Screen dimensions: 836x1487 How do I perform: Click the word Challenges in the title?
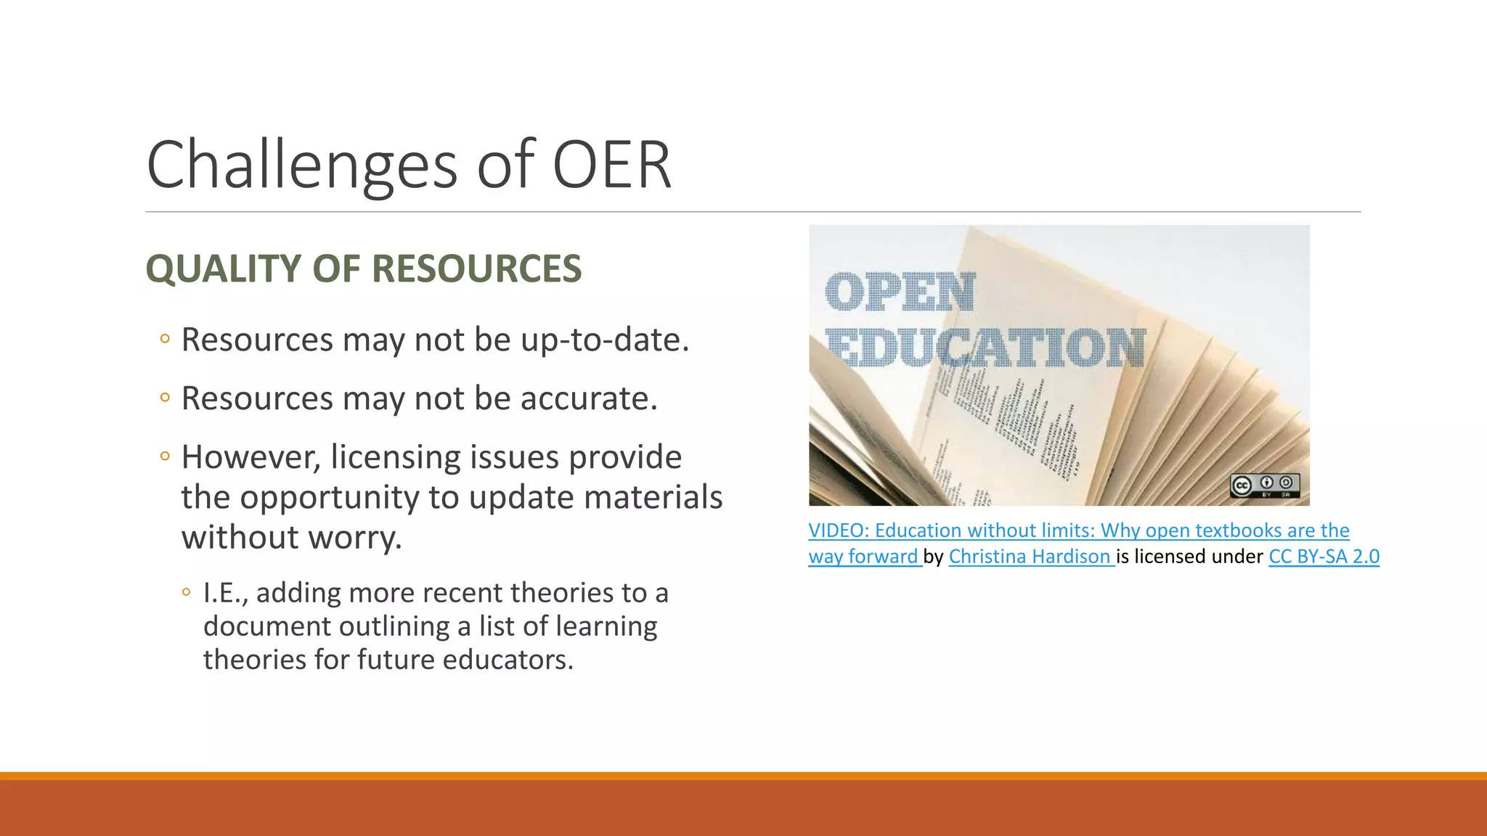301,165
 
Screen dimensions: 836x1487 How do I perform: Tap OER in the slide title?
611,165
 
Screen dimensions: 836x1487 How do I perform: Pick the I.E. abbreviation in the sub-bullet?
226,593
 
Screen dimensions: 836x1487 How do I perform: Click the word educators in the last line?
508,660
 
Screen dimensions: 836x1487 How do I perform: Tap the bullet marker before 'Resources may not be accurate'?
165,398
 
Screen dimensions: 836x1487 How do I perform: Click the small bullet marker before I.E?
186,592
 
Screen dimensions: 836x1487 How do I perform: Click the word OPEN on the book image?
900,292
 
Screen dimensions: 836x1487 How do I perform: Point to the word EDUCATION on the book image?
985,348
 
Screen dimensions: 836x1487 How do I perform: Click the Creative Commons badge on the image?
1264,485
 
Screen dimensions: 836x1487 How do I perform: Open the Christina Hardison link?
1029,557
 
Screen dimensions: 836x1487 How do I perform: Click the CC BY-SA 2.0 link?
1323,557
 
